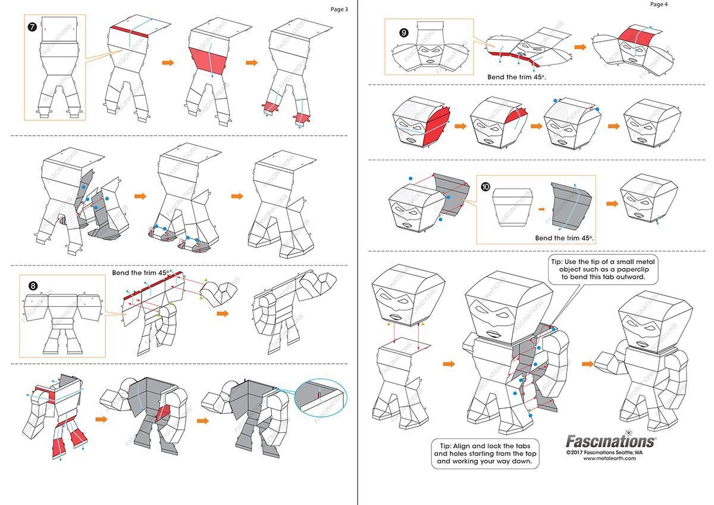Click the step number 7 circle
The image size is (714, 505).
(32, 27)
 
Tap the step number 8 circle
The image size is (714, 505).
(33, 285)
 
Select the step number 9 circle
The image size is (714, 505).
(404, 33)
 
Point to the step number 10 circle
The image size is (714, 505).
(486, 186)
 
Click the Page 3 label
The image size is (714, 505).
(339, 10)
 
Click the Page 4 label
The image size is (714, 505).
(659, 4)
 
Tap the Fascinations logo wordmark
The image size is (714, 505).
(610, 441)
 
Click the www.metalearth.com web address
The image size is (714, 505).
(610, 459)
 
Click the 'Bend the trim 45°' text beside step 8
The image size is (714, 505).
(140, 273)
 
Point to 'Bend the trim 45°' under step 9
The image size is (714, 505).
(516, 77)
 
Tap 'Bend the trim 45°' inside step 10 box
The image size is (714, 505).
(564, 238)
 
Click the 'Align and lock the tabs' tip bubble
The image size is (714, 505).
(485, 454)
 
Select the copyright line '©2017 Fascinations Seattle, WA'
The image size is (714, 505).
(605, 453)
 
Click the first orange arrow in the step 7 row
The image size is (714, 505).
(168, 63)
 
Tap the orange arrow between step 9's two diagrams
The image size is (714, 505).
(580, 47)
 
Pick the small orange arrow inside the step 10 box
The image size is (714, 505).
(541, 209)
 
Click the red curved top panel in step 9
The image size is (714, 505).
(638, 37)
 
